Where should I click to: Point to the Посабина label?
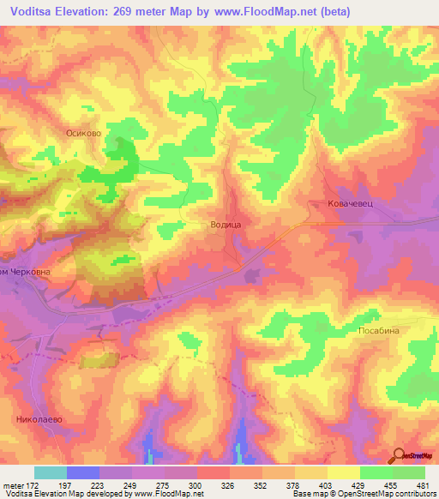click(x=378, y=329)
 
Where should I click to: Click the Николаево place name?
click(x=40, y=419)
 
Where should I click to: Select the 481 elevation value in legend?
click(x=422, y=485)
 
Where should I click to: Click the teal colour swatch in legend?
click(x=51, y=472)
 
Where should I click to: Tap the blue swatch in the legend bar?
click(x=83, y=472)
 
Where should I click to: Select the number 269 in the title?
click(x=126, y=13)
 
